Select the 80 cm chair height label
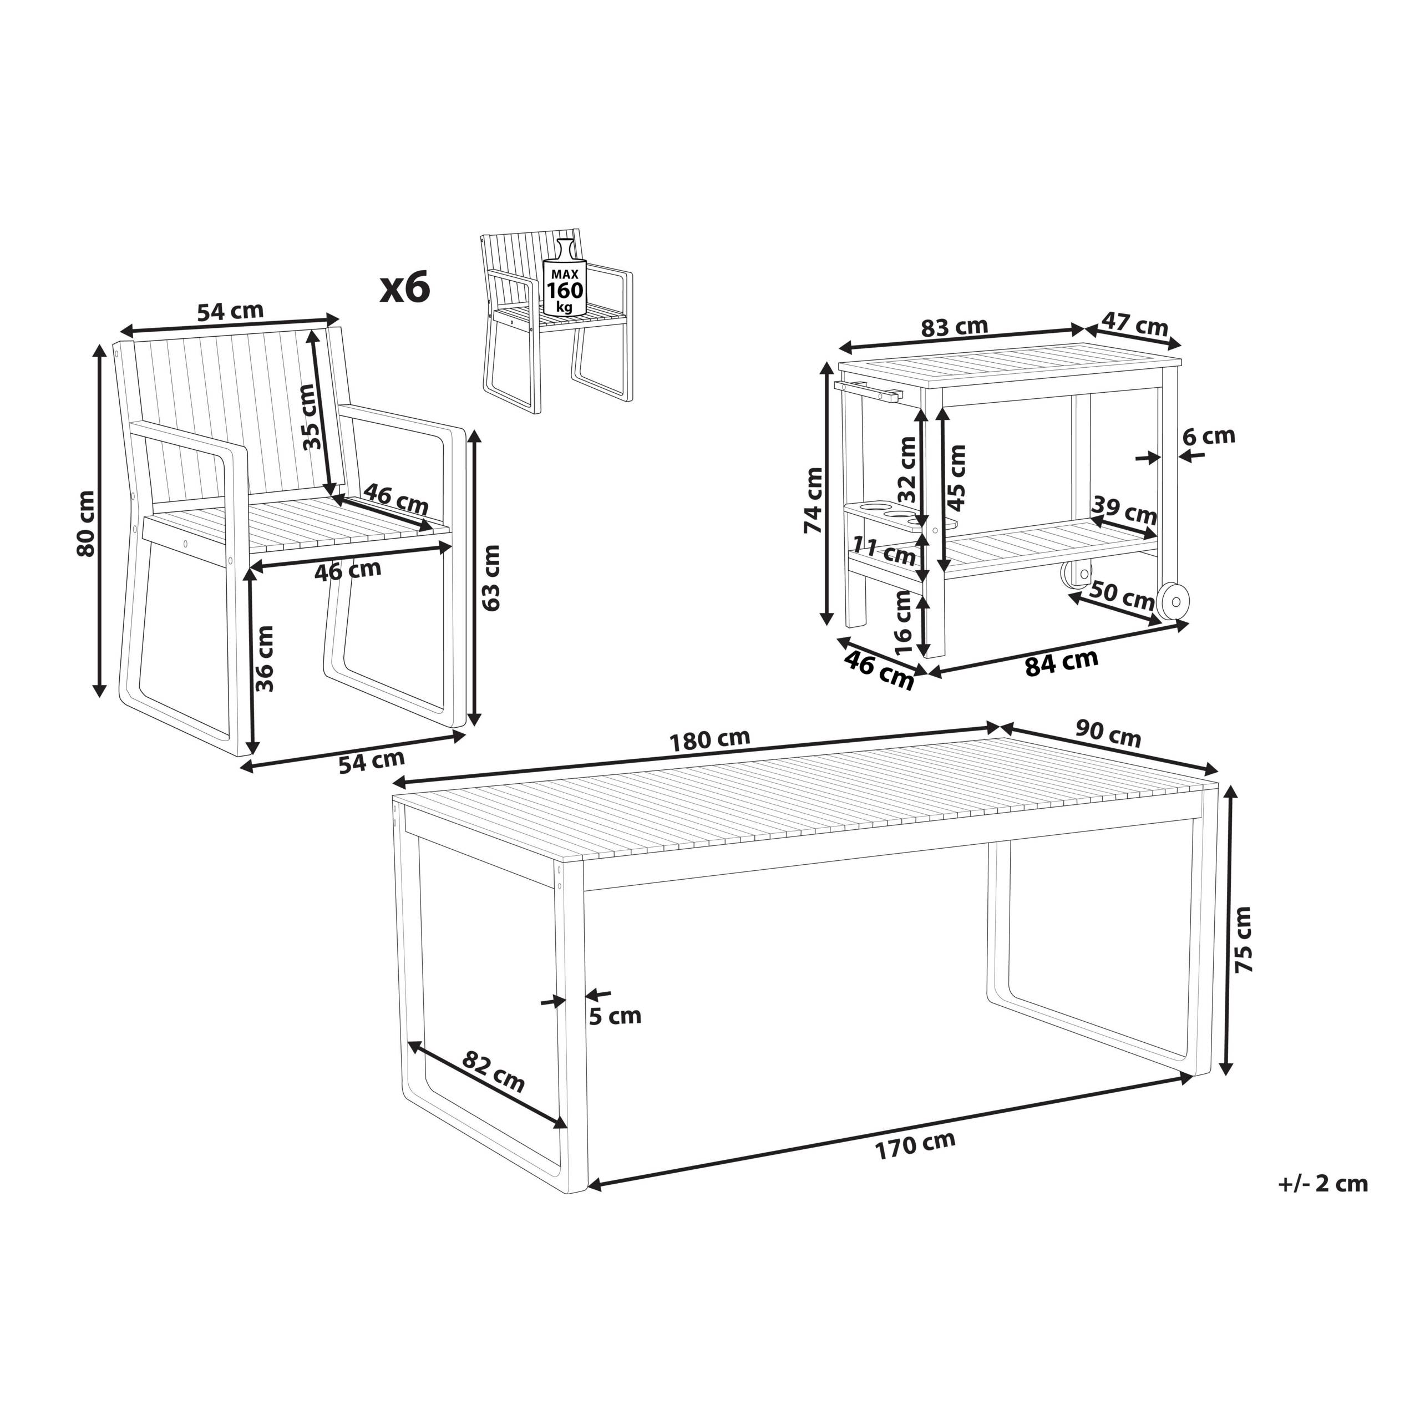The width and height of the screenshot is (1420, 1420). point(86,523)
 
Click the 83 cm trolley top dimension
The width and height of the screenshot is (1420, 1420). point(955,327)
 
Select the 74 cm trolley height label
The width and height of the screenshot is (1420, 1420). point(814,500)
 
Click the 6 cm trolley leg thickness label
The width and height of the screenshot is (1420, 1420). point(1208,436)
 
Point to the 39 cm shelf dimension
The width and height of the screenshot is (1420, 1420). point(1124,510)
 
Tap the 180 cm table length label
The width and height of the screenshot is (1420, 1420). point(709,739)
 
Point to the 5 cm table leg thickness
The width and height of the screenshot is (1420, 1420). point(615,1016)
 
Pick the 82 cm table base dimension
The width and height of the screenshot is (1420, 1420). point(493,1072)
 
